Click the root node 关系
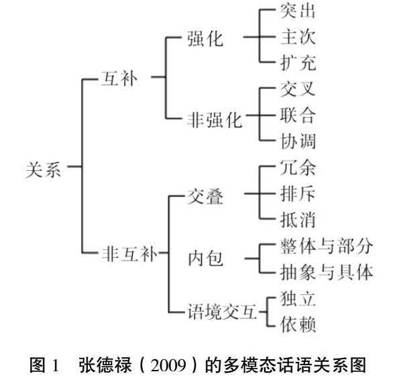[x=44, y=170]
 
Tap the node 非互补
[x=127, y=255]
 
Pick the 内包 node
[x=205, y=258]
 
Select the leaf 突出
[x=297, y=11]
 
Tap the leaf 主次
[x=297, y=38]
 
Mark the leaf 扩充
[x=297, y=63]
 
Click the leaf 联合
[x=297, y=115]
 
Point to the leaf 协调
[x=297, y=141]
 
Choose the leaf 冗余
[x=297, y=168]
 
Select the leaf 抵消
[x=297, y=219]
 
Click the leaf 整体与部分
[x=325, y=245]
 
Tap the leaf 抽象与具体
[x=325, y=271]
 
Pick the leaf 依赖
[x=297, y=324]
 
